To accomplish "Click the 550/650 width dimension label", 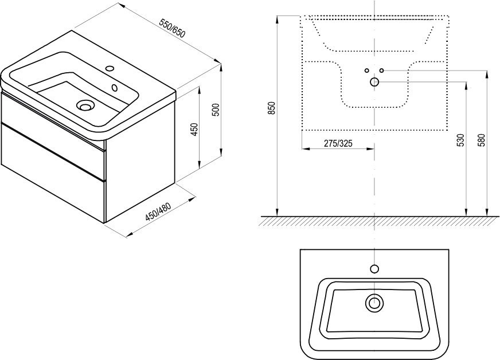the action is click(173, 29).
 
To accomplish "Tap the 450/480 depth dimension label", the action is click(158, 212).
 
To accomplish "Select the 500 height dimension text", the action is click(216, 109).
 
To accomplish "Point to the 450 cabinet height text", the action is click(195, 129).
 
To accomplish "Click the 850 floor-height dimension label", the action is click(272, 108).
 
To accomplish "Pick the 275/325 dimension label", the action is click(338, 143).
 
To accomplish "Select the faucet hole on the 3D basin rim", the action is click(110, 68).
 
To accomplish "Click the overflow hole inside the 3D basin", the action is click(115, 87).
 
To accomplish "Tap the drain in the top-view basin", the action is click(374, 303).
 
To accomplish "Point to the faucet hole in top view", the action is click(374, 269).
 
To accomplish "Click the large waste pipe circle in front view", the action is click(374, 83).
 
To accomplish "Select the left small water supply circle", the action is click(367, 70).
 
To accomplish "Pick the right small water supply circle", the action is click(382, 70).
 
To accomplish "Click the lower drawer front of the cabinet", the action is click(53, 172).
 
